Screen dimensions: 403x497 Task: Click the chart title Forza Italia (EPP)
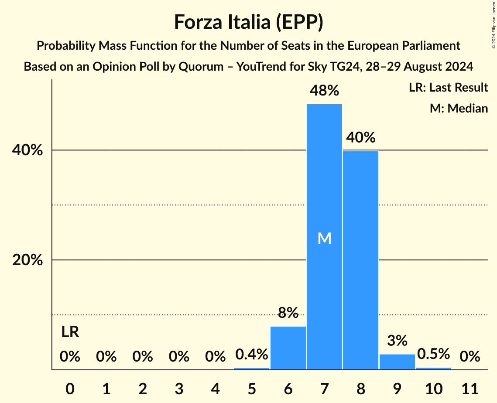248,22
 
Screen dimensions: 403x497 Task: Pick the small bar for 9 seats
397,362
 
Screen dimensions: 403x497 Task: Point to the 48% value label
324,91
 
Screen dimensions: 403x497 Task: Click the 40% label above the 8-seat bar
361,138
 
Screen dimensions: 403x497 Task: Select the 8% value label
288,312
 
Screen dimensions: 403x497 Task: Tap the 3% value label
397,340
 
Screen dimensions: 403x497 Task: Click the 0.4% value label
252,354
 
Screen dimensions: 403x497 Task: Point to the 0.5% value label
433,354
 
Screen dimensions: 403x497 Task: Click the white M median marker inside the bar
324,238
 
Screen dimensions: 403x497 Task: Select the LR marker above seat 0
70,332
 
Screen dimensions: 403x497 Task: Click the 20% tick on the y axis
27,260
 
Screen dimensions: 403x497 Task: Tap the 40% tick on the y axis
27,150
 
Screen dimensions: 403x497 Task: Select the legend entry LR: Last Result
448,88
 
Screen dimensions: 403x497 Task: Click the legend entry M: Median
459,108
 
